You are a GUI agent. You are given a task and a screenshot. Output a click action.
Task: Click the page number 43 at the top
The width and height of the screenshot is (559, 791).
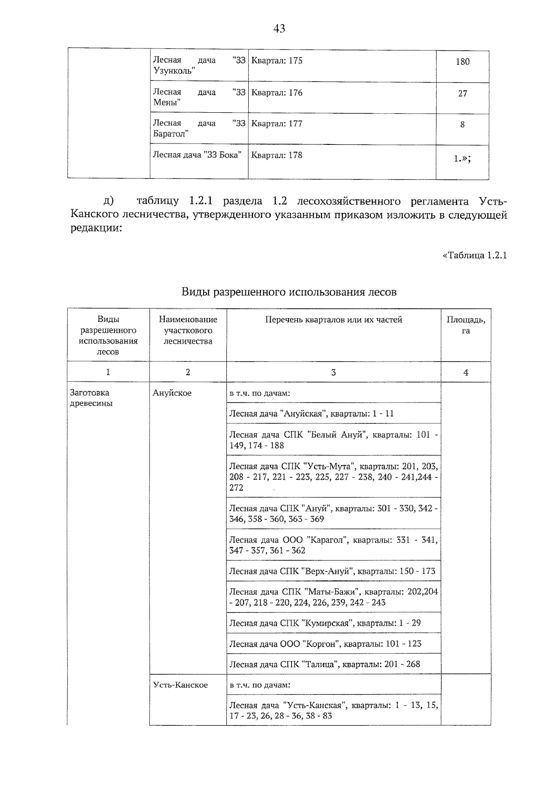pos(279,29)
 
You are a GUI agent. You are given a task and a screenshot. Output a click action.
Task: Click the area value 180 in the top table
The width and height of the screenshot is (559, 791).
pos(462,61)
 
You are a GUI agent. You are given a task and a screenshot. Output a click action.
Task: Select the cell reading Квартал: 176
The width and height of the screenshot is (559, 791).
pos(277,93)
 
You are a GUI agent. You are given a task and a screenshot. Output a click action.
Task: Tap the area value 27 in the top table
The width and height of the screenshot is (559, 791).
pos(462,94)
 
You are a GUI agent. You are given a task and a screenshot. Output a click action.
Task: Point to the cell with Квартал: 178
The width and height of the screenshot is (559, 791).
pos(277,155)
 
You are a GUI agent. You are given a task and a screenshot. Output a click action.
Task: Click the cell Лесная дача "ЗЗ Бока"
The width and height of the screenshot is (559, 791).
pos(197,155)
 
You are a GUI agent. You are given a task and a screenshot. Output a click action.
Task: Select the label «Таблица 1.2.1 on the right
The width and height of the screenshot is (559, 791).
pos(474,255)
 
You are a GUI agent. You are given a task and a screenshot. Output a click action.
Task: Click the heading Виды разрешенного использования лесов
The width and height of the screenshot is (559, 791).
pos(289,293)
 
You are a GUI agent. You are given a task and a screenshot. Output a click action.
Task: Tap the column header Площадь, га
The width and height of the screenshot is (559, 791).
pos(465,325)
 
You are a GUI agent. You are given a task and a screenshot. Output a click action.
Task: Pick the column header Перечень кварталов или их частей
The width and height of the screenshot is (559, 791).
pos(334,320)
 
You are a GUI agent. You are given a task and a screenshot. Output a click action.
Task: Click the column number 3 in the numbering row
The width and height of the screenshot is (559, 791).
pos(334,372)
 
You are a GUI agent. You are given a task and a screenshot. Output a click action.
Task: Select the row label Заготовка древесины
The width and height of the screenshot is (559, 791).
pos(91,398)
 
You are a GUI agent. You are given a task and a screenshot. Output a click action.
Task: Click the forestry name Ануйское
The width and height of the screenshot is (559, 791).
pos(172,393)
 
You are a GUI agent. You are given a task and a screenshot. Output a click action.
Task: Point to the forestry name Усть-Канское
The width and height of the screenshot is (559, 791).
pos(180,685)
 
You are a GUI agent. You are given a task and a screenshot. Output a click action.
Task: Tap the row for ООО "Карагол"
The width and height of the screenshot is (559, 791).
pos(333,545)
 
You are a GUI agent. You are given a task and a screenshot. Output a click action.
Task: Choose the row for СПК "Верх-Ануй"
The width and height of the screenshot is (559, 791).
pos(332,571)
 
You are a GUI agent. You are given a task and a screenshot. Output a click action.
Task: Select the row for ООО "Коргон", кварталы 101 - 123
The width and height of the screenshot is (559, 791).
pos(325,644)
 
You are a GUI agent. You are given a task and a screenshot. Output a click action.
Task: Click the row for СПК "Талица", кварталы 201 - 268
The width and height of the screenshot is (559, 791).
pos(325,664)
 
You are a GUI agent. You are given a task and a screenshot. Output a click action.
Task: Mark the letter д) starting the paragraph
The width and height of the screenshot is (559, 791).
pos(109,201)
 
